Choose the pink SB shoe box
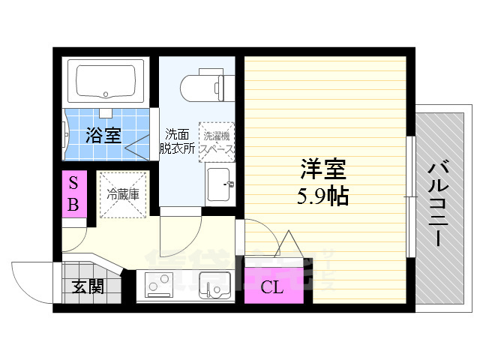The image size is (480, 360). tap(74, 194)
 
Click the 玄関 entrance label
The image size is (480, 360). tap(88, 286)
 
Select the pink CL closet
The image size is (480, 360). tap(274, 285)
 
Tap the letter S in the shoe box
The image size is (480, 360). tap(73, 183)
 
